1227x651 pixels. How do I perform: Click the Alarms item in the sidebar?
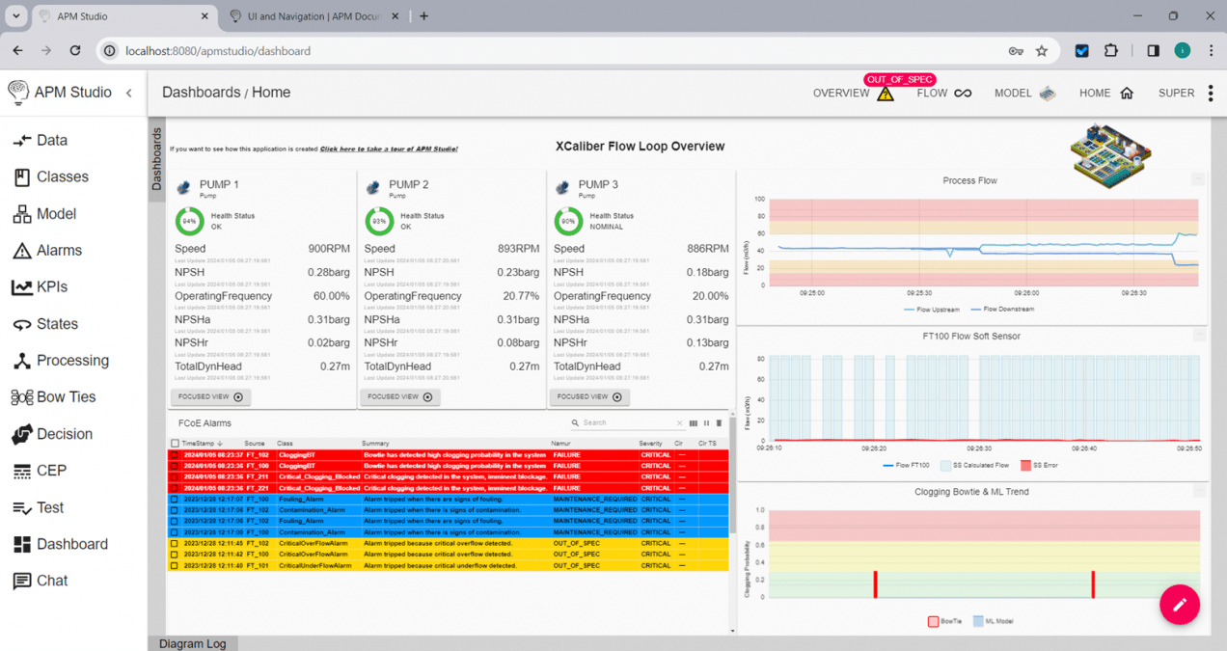pos(59,251)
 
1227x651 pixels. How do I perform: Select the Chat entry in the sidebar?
pos(52,581)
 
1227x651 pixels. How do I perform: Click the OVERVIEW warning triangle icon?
pos(886,94)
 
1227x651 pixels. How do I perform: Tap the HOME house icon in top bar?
pos(1127,94)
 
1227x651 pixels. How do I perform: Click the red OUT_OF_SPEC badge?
pos(900,80)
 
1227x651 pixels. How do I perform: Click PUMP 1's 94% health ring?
pos(189,221)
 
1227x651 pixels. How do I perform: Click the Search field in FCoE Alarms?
pos(627,423)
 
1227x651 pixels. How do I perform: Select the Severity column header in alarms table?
pos(651,444)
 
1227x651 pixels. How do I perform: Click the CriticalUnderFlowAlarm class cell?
pos(311,566)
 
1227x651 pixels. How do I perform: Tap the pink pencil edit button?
pos(1179,605)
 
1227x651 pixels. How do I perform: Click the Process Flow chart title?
pos(969,181)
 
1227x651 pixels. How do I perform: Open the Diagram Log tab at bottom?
pos(192,643)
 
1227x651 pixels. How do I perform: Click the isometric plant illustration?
pos(1110,154)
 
